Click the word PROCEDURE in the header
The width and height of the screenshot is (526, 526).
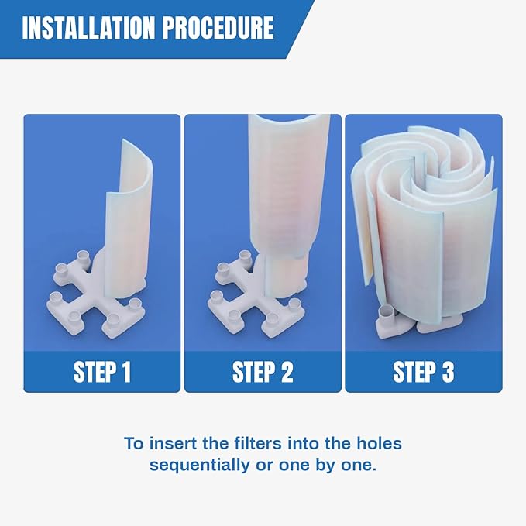coord(222,29)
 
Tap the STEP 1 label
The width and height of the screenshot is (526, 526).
coord(102,372)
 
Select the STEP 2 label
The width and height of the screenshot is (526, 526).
coord(263,372)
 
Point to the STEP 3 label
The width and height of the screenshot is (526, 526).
coord(423,372)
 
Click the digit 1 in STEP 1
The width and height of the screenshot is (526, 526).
coord(125,372)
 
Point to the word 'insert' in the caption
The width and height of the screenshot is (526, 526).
coord(165,445)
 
